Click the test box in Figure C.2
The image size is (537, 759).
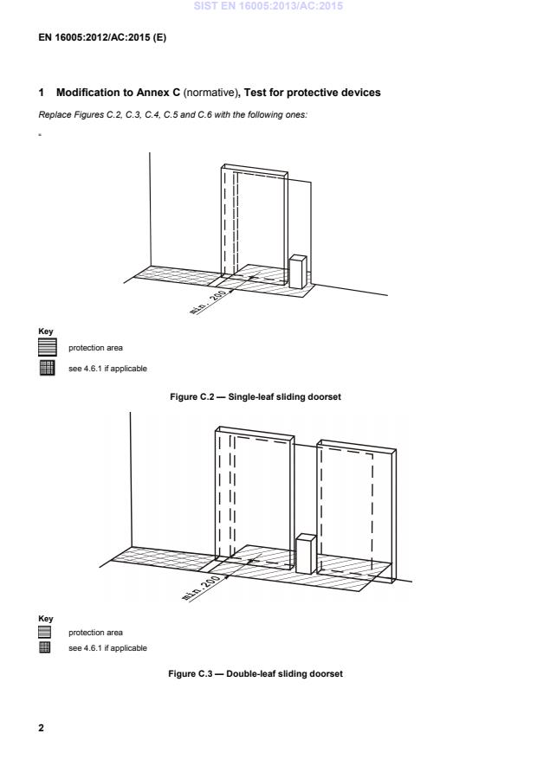click(297, 271)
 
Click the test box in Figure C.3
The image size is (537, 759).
click(304, 554)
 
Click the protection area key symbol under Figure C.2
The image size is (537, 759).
click(47, 348)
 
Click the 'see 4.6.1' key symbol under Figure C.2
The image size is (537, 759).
click(47, 368)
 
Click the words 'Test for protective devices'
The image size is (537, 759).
click(309, 93)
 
